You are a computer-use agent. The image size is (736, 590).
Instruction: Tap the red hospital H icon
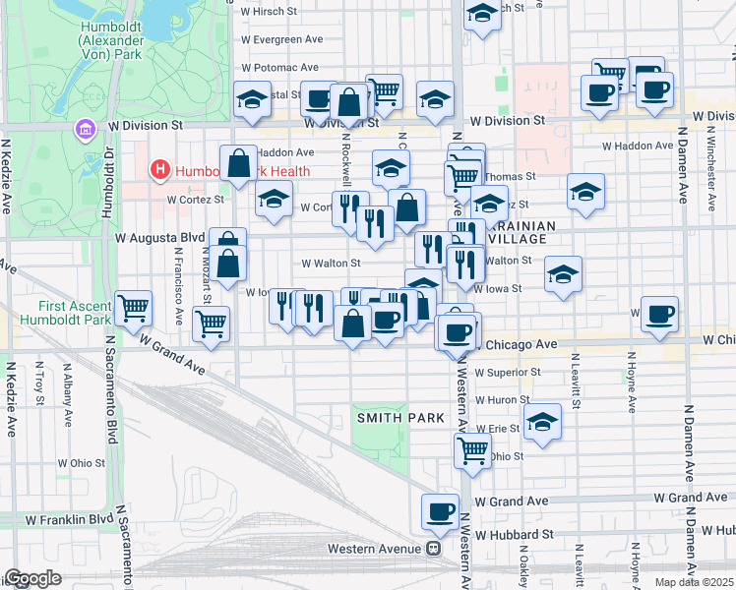pos(160,170)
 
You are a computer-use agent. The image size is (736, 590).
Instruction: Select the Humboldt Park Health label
pos(242,171)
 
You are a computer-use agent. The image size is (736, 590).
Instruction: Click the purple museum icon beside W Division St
pos(85,129)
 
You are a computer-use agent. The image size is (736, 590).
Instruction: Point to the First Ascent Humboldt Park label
pos(55,313)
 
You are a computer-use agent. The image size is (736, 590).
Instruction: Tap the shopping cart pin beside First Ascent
pos(133,307)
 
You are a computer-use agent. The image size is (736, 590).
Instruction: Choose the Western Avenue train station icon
pos(432,549)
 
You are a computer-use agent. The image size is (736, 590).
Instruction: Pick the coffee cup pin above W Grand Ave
pos(440,511)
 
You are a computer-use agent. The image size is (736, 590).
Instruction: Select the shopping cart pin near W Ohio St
pos(472,450)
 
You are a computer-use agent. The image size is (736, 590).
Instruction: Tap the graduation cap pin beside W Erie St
pos(541,421)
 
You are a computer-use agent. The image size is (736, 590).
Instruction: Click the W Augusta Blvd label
pos(159,238)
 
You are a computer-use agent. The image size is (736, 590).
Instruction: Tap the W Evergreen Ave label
pos(281,39)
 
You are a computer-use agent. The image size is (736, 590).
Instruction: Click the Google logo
pos(32,578)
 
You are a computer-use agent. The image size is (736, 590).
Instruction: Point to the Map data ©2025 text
pos(694,582)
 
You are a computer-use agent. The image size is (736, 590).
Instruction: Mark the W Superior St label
pos(508,374)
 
